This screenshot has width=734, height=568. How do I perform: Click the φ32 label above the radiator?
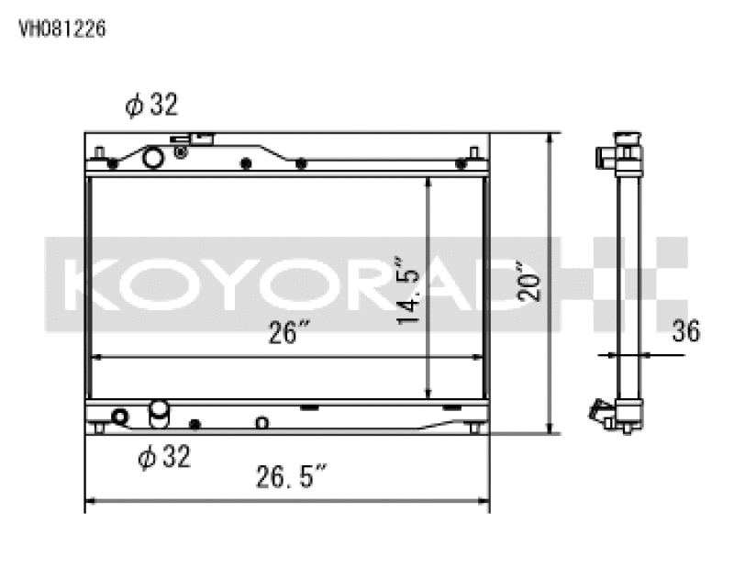coord(150,106)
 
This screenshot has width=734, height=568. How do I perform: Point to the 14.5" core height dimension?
coord(409,290)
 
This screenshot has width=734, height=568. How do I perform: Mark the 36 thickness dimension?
coord(684,331)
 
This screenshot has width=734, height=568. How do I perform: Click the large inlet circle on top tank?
coord(152,159)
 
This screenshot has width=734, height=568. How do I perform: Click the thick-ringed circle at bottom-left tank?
coord(118,418)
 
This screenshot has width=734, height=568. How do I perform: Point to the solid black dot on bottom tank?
coord(195,424)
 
